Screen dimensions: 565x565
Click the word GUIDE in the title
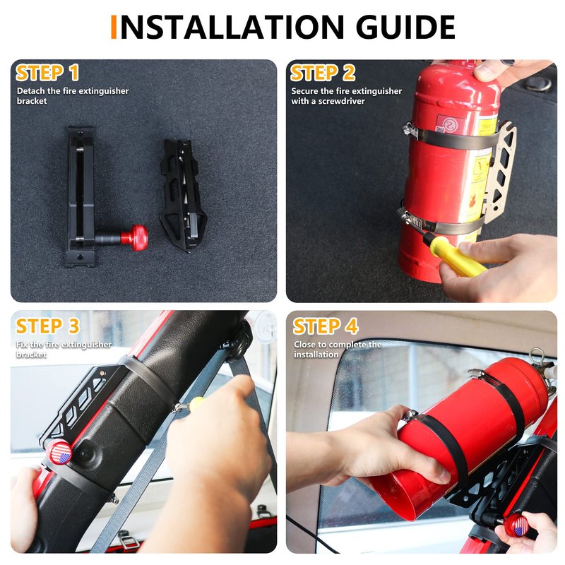[x=405, y=27]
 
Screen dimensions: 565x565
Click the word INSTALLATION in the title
[x=232, y=27]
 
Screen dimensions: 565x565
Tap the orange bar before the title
[x=114, y=27]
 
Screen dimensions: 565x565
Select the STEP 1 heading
[x=47, y=73]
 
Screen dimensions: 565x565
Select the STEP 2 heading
[x=323, y=73]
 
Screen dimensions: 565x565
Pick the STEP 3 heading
[x=47, y=326]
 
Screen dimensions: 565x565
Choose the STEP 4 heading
[x=326, y=326]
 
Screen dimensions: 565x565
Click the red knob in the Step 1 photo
[x=133, y=237]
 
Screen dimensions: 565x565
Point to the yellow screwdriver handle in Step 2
[x=455, y=255]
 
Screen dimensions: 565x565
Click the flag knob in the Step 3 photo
[x=60, y=453]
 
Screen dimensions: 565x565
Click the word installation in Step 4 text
[x=316, y=355]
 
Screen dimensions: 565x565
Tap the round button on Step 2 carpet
[x=538, y=83]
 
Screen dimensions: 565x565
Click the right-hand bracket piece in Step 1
[x=183, y=196]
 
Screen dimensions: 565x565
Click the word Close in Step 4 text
[x=305, y=345]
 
